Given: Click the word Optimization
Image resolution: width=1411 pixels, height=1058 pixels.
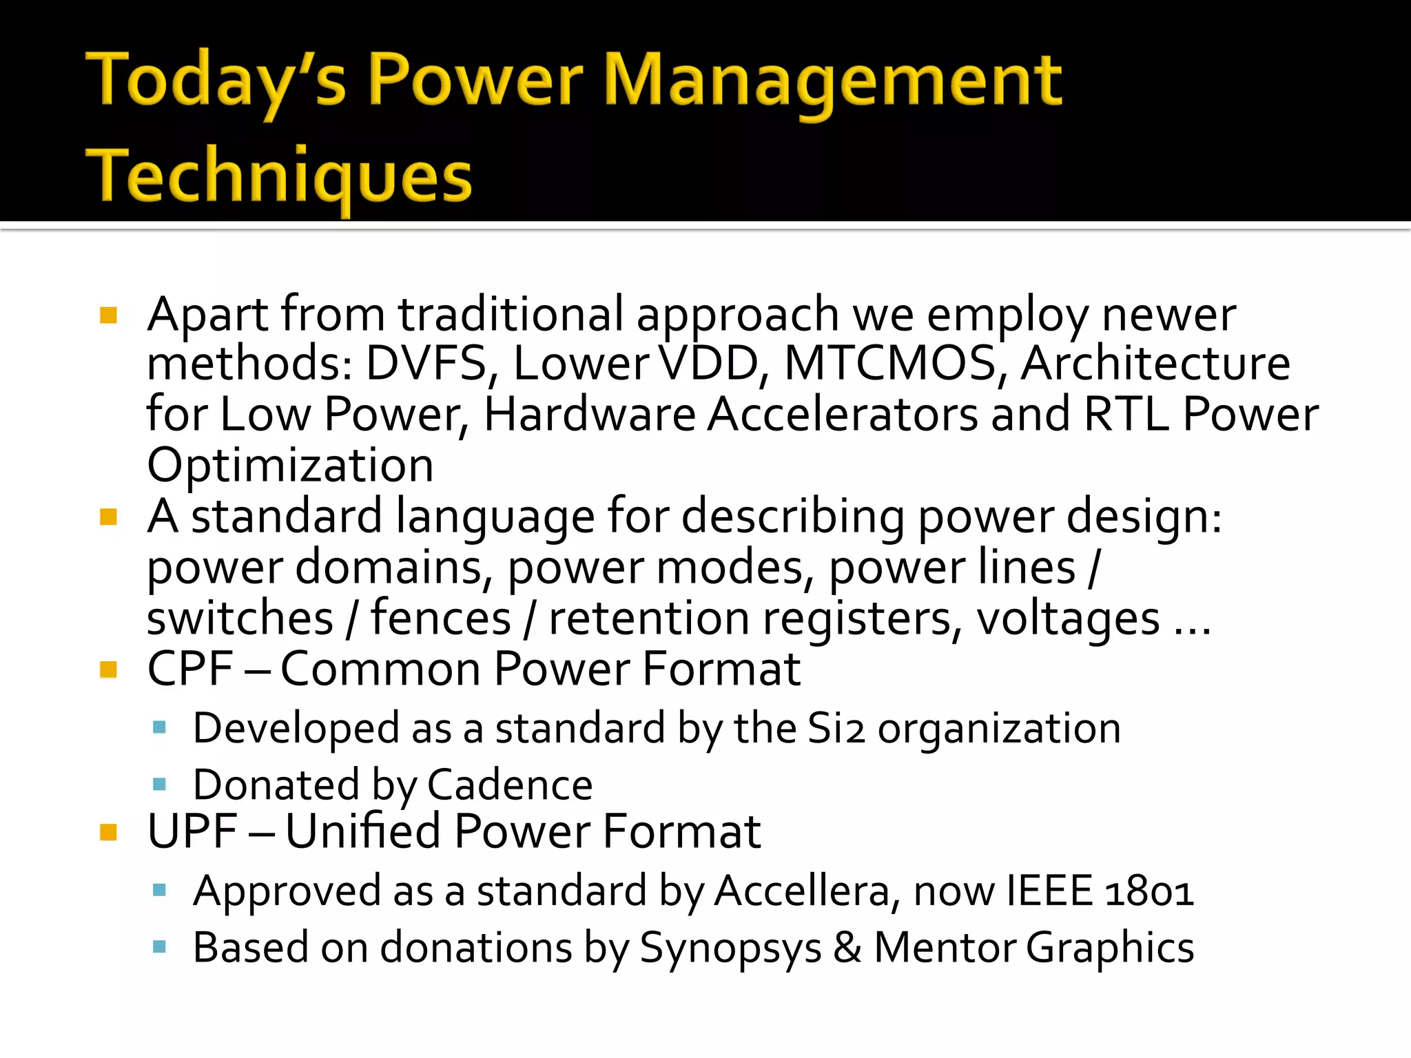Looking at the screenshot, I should pyautogui.click(x=290, y=466).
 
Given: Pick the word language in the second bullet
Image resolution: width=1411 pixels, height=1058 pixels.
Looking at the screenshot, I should pyautogui.click(x=495, y=518).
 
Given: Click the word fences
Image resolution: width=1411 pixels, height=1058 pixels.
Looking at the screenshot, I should pyautogui.click(x=441, y=619).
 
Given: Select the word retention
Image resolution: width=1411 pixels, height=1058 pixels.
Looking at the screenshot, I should pyautogui.click(x=649, y=619).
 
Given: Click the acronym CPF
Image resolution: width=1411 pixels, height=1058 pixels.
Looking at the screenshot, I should pyautogui.click(x=190, y=669).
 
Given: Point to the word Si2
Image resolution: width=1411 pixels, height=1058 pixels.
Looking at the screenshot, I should pyautogui.click(x=835, y=729).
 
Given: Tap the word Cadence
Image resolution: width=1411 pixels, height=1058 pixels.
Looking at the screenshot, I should pyautogui.click(x=510, y=785).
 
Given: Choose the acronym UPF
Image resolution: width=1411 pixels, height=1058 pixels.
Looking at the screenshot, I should pyautogui.click(x=192, y=831).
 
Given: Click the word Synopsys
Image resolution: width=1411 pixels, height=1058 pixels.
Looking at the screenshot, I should pyautogui.click(x=730, y=948).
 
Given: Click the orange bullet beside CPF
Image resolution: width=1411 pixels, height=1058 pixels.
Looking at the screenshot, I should pyautogui.click(x=108, y=669).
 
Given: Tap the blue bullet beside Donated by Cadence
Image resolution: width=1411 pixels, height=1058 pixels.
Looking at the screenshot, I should pyautogui.click(x=160, y=784).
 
